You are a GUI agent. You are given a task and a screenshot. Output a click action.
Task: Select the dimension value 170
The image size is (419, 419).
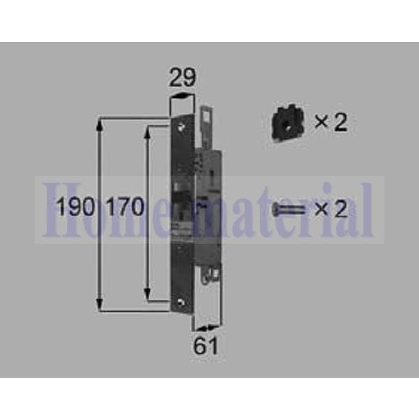click(126, 207)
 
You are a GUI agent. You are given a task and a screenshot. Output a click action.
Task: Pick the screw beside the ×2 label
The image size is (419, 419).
click(290, 207)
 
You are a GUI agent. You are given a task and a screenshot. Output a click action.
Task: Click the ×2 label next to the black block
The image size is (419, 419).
click(330, 123)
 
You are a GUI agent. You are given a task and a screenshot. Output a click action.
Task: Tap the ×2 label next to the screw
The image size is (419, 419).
click(330, 208)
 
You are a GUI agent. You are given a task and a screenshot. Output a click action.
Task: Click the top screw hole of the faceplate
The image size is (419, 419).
click(182, 126)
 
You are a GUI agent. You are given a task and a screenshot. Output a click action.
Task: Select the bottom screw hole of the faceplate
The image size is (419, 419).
click(182, 302)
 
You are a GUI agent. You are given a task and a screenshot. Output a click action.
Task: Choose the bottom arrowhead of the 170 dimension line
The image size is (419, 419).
click(148, 294)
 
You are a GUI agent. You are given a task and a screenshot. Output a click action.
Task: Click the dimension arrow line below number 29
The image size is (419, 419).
click(182, 97)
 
